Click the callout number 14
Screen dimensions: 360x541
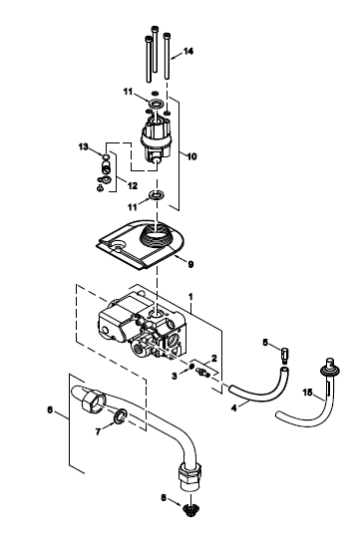pos(188,52)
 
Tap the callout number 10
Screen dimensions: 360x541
pos(191,156)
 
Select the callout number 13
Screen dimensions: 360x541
pos(83,146)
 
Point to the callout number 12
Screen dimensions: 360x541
pos(133,186)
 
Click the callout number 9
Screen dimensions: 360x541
pos(190,264)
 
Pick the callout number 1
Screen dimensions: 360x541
pos(190,297)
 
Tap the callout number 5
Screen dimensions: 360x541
pos(265,343)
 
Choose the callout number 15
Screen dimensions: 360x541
pos(307,393)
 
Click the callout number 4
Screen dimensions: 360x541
pos(234,408)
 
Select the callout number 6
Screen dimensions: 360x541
pos(50,410)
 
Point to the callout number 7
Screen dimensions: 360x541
pos(98,431)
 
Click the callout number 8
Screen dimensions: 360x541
pos(164,497)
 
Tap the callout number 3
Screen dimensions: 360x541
pos(175,376)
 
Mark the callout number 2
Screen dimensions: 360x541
pos(213,358)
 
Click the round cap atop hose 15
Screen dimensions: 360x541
pos(331,367)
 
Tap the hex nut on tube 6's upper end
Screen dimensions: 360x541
pos(93,400)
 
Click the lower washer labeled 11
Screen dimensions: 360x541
pos(157,196)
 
